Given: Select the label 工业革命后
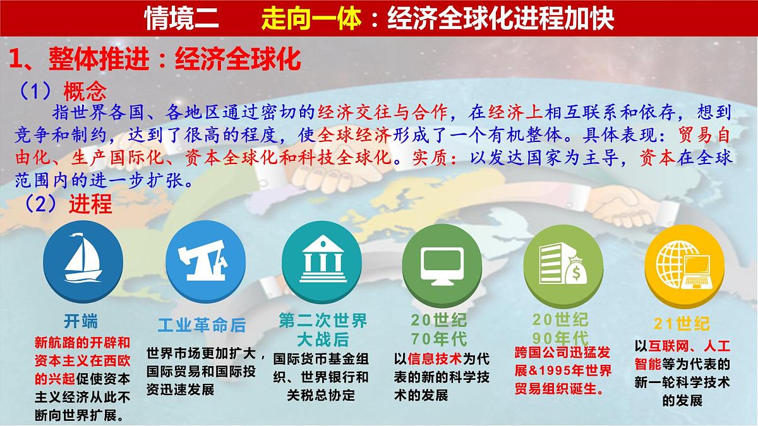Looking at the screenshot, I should [x=201, y=326].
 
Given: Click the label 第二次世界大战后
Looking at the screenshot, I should [x=323, y=329].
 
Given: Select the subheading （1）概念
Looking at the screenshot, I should [x=59, y=92].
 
